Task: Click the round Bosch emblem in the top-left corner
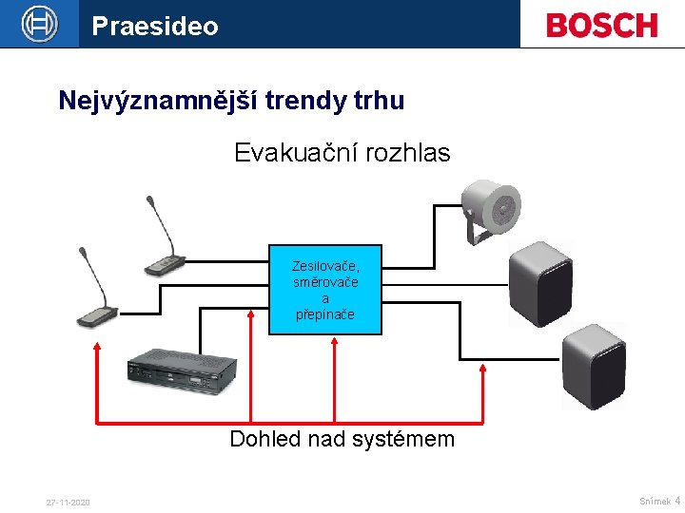click(39, 24)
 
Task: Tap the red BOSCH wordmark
click(601, 25)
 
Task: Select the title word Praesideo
click(155, 26)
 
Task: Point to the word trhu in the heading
click(375, 100)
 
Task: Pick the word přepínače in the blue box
click(325, 314)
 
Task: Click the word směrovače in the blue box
click(325, 283)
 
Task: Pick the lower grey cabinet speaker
click(593, 366)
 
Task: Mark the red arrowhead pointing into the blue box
click(333, 343)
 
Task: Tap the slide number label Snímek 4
click(659, 501)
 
